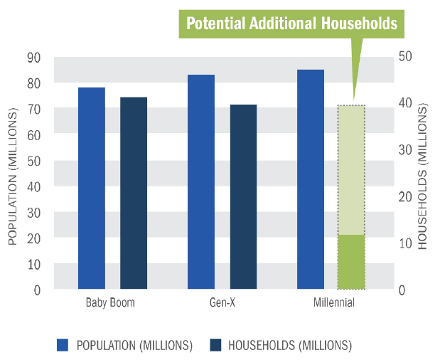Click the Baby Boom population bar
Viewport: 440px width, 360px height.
point(92,189)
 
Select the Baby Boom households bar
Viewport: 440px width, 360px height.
point(134,193)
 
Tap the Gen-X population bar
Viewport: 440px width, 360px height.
point(201,182)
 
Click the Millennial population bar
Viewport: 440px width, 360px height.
point(311,179)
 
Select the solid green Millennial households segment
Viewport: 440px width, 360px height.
point(351,262)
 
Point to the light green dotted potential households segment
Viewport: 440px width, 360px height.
point(351,169)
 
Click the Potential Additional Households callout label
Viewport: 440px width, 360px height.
point(291,23)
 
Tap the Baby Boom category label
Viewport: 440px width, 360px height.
point(110,302)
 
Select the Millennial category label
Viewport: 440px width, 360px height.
point(333,302)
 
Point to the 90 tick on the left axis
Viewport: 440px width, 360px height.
point(33,57)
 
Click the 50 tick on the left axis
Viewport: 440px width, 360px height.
point(33,161)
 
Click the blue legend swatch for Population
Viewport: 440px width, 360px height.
point(63,346)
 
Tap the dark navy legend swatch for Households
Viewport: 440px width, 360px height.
point(216,346)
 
